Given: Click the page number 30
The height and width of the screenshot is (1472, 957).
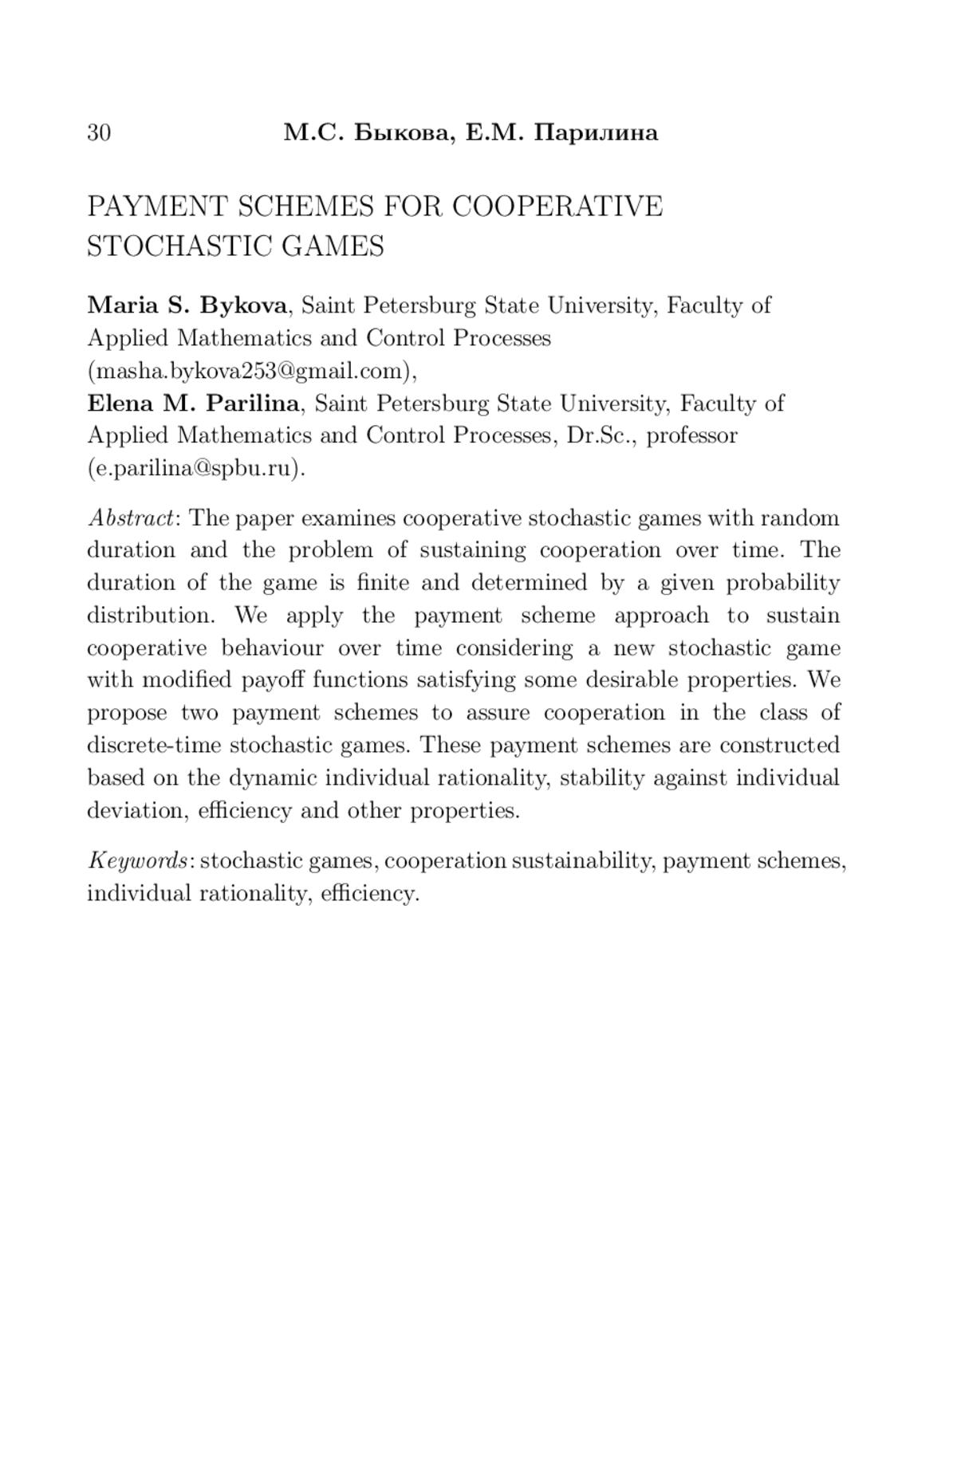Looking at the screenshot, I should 99,132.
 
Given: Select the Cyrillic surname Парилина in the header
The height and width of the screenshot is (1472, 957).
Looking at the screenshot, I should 596,132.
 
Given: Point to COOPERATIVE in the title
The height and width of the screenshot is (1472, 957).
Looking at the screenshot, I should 557,207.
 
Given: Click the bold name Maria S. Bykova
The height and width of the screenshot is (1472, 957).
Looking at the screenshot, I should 187,305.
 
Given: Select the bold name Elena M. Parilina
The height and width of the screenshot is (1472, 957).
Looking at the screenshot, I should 193,403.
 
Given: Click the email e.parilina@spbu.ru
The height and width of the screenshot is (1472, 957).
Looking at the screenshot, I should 195,468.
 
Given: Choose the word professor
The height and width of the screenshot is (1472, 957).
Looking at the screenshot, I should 691,436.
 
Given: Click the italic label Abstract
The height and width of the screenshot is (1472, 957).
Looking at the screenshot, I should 131,518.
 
